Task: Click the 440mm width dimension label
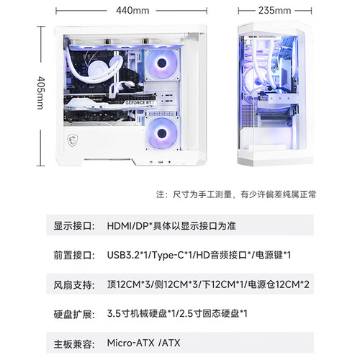coord(132,11)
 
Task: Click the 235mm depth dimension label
coord(274,11)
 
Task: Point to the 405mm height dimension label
coord(41,93)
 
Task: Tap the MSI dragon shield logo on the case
coord(72,140)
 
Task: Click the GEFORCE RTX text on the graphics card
coord(139,103)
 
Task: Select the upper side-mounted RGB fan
coord(162,64)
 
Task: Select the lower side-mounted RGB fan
coord(162,133)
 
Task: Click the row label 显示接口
coord(74,226)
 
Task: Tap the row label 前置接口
coord(74,256)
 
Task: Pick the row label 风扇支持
coord(74,285)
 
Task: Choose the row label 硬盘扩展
coord(74,314)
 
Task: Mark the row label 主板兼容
coord(74,344)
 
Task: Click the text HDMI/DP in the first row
coord(128,226)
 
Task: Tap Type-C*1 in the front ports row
coord(172,255)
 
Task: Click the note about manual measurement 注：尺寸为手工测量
coord(194,194)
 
